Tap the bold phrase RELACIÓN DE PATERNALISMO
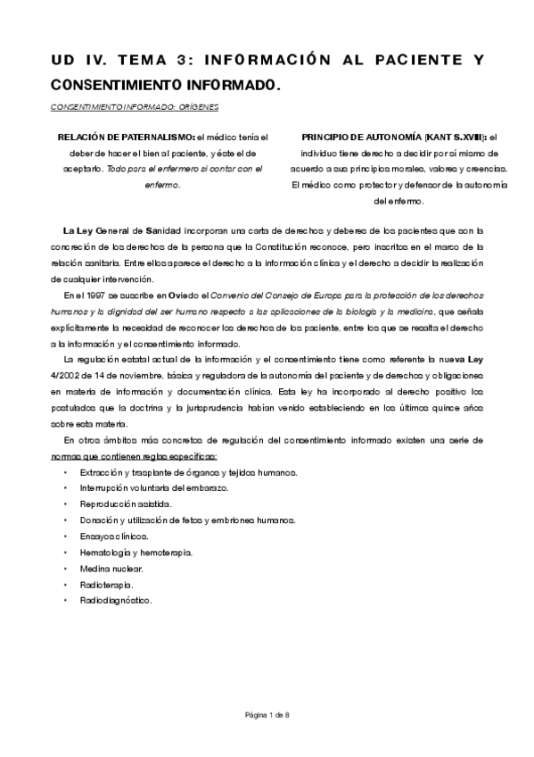[127, 137]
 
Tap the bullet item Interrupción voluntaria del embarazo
[153, 487]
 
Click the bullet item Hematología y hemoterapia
[135, 552]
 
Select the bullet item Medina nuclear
[111, 568]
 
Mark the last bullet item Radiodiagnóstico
[115, 600]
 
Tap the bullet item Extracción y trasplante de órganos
[188, 471]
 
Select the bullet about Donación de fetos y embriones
[186, 520]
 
